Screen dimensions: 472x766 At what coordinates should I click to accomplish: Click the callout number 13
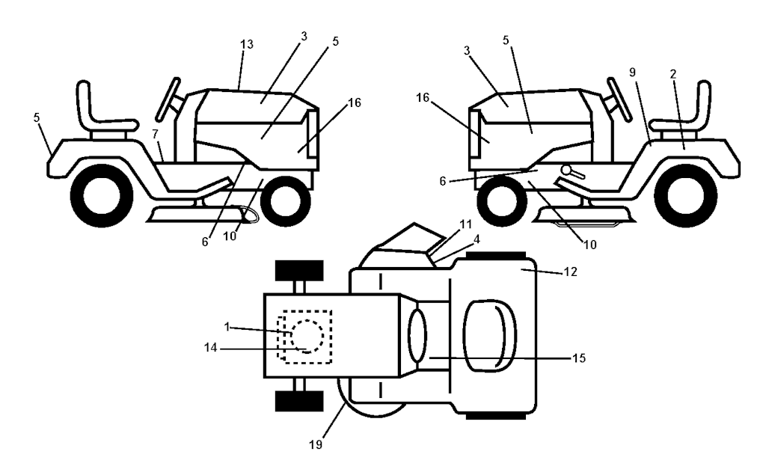coord(247,44)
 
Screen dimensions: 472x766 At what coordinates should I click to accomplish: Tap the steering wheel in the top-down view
coord(418,334)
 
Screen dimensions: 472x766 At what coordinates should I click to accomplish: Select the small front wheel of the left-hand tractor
coord(286,200)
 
